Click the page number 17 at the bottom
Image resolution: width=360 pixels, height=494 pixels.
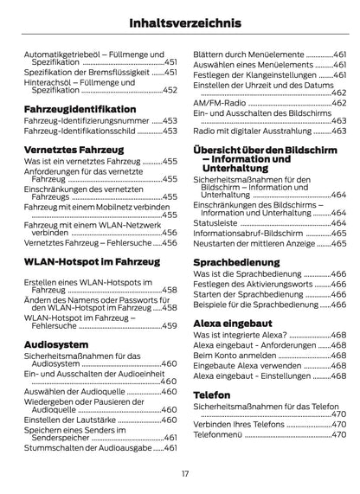coord(184,473)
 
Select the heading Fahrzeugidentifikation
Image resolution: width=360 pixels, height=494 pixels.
coord(92,109)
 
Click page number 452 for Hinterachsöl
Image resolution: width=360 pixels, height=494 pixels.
coord(170,89)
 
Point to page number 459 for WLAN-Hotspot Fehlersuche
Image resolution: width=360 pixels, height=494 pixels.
coord(170,325)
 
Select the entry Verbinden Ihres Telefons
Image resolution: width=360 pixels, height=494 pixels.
coord(238,425)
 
